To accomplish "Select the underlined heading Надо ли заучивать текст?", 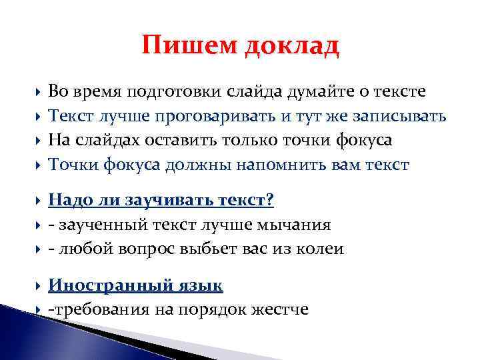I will pos(161,201).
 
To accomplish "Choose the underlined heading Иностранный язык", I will pos(135,285).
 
